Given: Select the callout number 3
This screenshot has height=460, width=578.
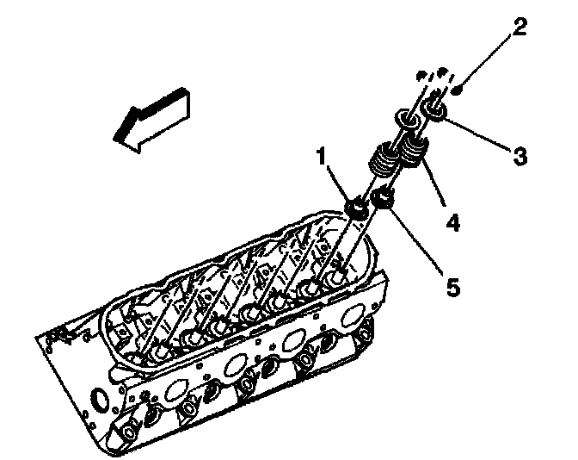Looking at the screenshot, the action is [x=519, y=158].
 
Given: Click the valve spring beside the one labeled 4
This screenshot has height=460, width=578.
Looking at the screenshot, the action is [x=384, y=161].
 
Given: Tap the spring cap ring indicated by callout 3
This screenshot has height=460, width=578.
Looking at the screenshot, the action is [x=434, y=111].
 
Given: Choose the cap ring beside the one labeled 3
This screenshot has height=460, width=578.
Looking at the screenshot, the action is [x=405, y=119].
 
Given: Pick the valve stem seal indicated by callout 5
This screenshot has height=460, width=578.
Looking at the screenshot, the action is [x=383, y=201].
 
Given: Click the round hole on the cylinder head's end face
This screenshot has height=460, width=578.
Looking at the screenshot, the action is [x=99, y=400].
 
